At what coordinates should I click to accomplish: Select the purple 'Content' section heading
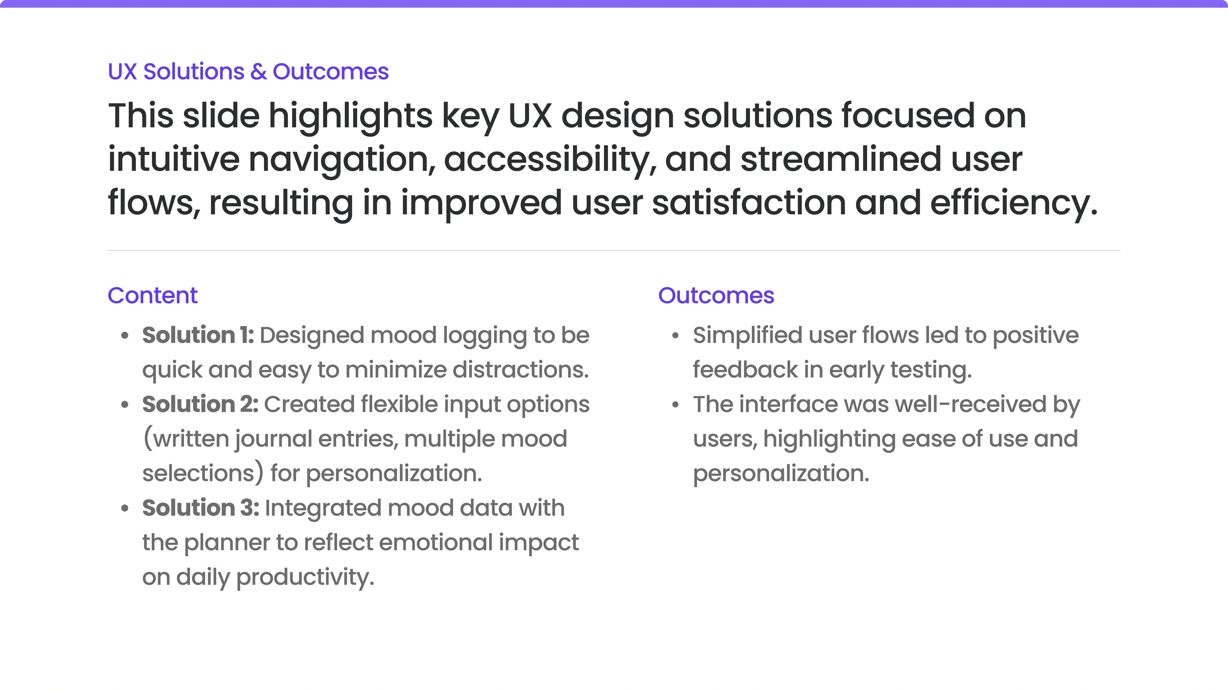153,295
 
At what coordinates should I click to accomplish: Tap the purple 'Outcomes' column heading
716,295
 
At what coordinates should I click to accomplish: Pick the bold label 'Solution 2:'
200,404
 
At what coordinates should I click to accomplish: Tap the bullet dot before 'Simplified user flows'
675,336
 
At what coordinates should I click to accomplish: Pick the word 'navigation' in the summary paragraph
341,159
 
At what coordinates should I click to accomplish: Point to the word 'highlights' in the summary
351,116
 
